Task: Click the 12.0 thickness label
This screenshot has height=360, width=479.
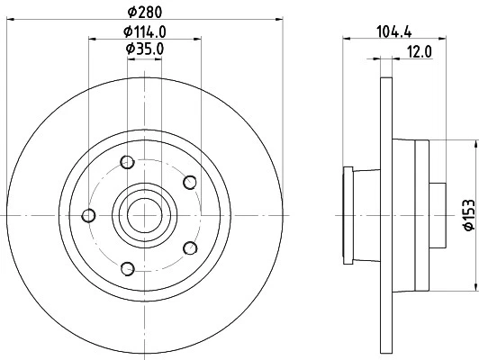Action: click(x=420, y=51)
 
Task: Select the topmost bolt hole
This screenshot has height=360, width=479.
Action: click(x=127, y=163)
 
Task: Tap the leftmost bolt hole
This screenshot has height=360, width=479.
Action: click(x=88, y=215)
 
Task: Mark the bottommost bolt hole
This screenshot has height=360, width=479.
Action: click(x=127, y=267)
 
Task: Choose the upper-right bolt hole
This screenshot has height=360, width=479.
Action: click(x=189, y=183)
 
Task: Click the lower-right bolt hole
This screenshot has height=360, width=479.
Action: click(x=189, y=247)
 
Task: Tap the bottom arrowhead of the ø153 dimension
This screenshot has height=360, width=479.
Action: click(x=473, y=287)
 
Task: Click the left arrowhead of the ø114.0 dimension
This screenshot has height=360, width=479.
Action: click(x=91, y=39)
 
